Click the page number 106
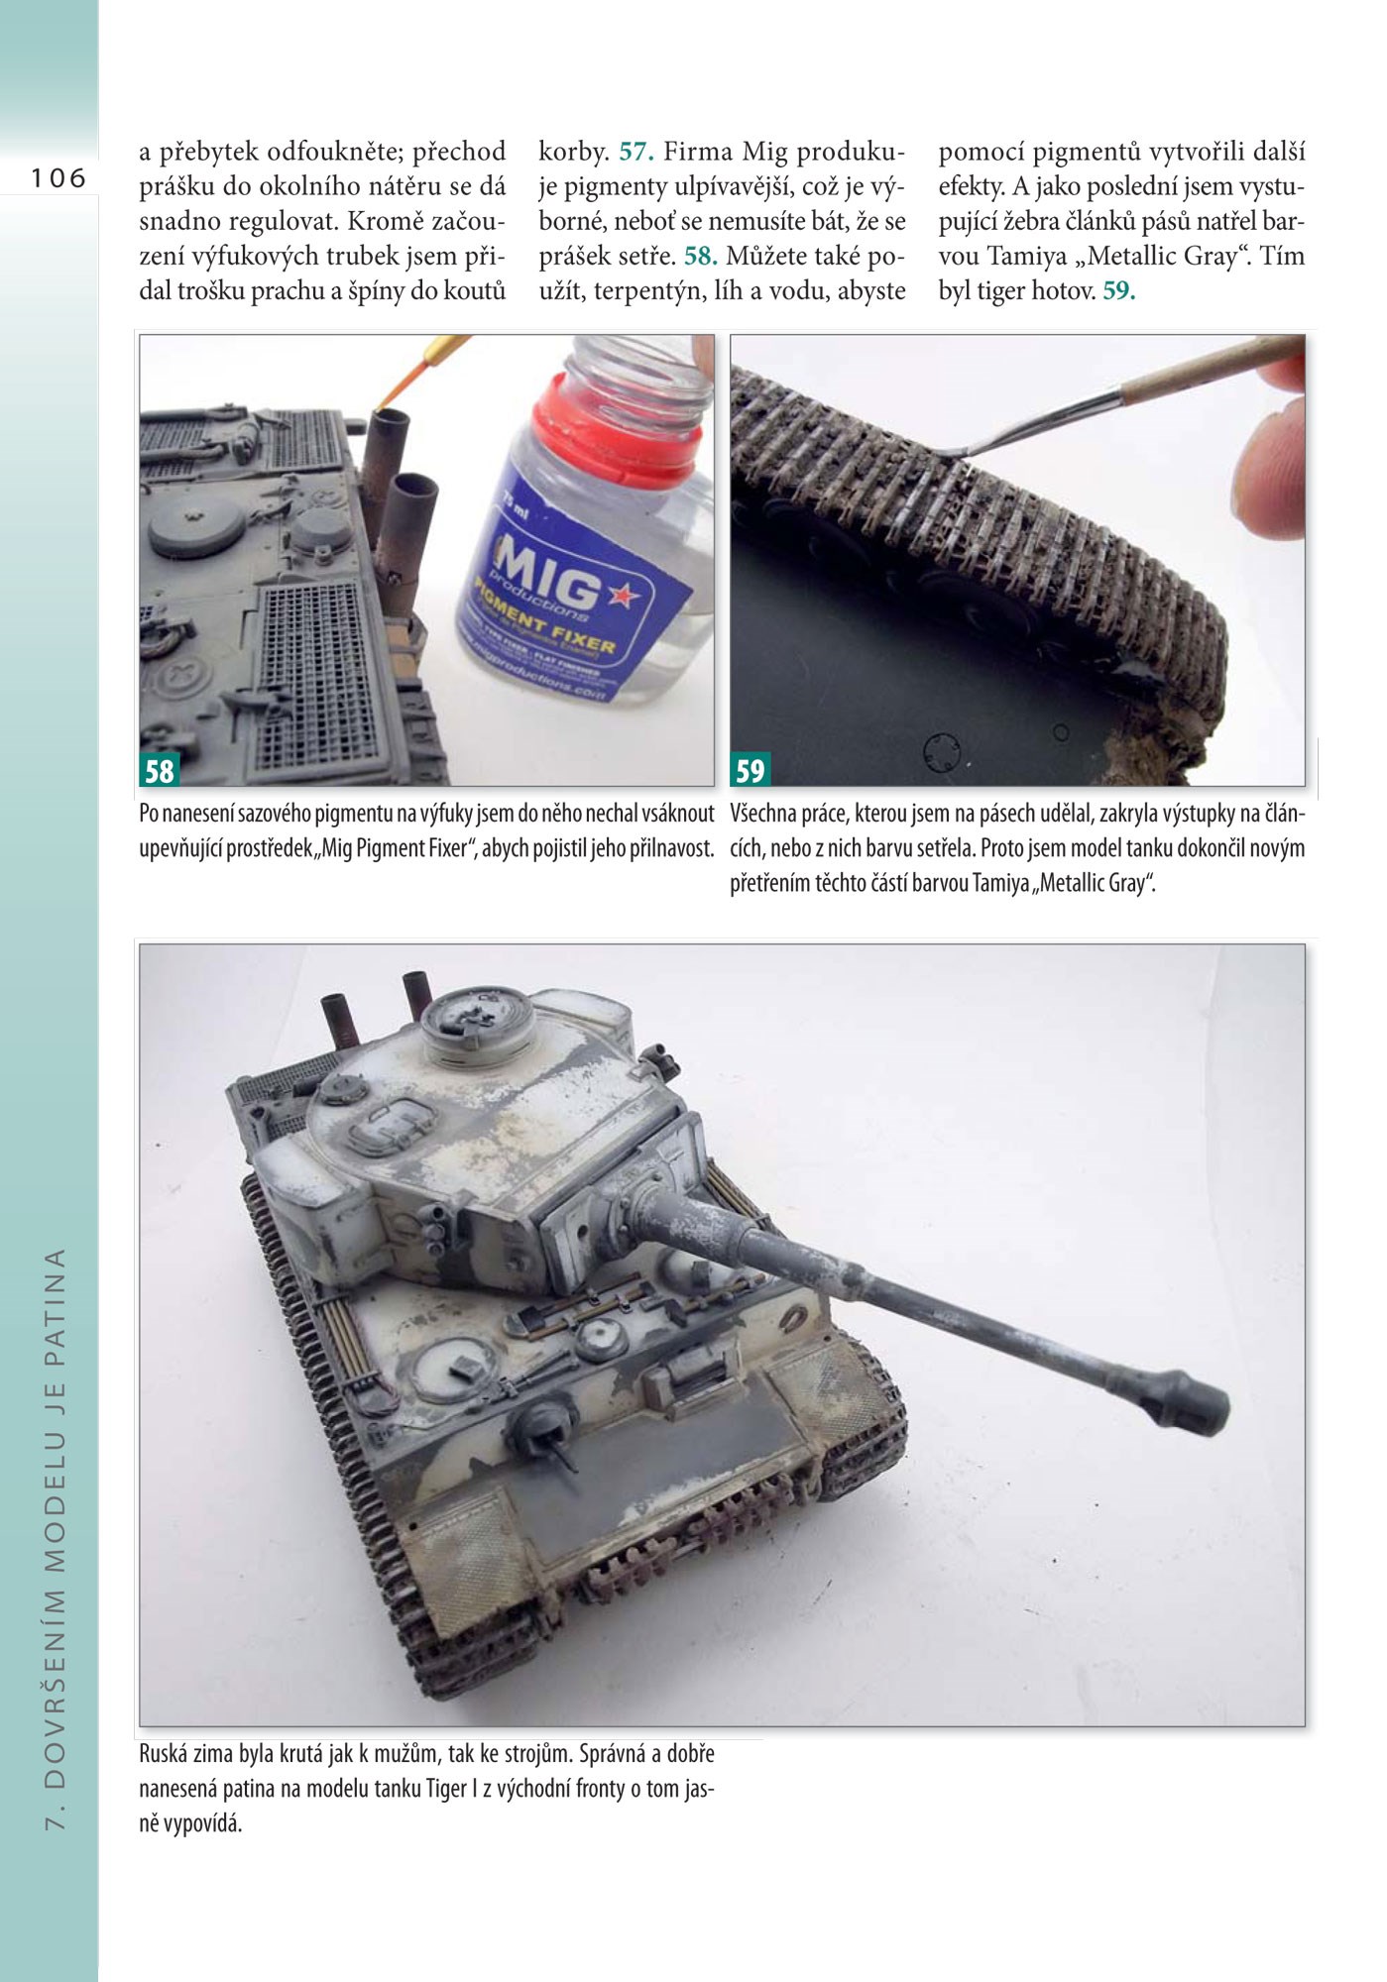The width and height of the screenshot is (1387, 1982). (58, 178)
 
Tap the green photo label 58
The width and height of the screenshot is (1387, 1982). (160, 770)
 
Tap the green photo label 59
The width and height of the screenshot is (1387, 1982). (751, 770)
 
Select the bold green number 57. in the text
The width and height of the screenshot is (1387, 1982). (637, 153)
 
